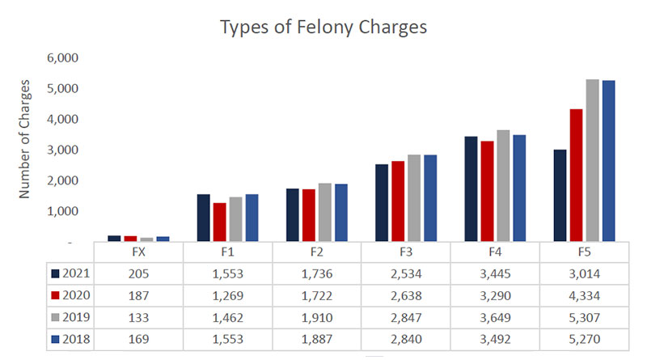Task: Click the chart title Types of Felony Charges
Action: [323, 26]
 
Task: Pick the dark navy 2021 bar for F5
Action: [559, 195]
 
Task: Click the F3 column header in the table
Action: [405, 252]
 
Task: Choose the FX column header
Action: [139, 252]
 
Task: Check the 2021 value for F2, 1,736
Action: [316, 273]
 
